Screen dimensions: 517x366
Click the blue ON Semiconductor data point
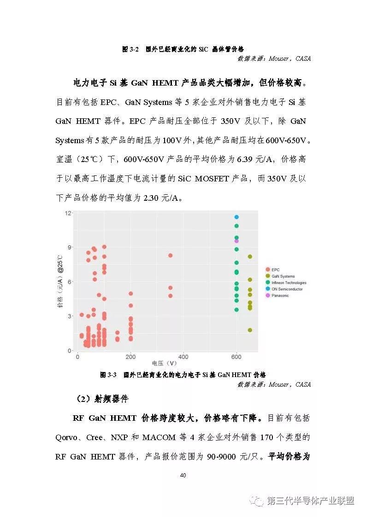click(x=236, y=217)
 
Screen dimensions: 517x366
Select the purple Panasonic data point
click(x=236, y=241)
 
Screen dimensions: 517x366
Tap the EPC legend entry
click(x=275, y=270)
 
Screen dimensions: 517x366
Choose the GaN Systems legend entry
click(x=283, y=276)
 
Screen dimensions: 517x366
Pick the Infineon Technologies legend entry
click(x=289, y=283)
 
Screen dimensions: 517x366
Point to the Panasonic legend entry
click(x=280, y=296)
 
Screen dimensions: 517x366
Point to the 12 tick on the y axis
click(x=68, y=213)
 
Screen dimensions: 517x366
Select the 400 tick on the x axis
click(x=183, y=357)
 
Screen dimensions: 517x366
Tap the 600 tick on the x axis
click(x=236, y=357)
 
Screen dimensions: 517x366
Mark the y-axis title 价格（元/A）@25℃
click(x=60, y=282)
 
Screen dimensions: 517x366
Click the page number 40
click(x=183, y=476)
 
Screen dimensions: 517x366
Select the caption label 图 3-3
click(x=108, y=375)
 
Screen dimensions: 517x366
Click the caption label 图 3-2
click(x=130, y=49)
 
